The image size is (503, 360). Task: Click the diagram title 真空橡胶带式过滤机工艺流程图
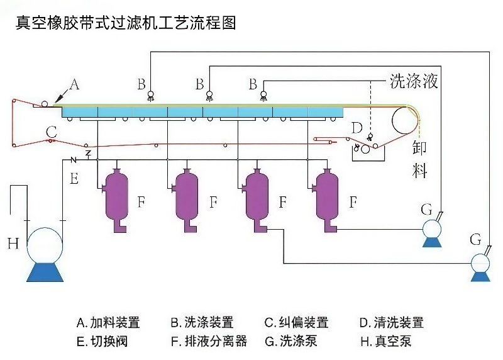click(126, 23)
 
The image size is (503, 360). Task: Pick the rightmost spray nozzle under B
click(263, 96)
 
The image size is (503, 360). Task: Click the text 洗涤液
click(413, 81)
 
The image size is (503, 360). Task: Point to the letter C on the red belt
click(52, 132)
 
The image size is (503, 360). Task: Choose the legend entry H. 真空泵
click(385, 342)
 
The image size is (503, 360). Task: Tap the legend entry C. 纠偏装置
click(296, 323)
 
